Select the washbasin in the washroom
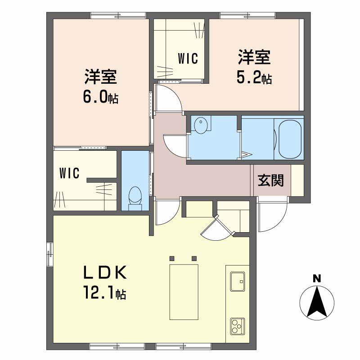pyautogui.click(x=201, y=126)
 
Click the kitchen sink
pyautogui.click(x=238, y=281)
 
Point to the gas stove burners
pyautogui.click(x=238, y=327)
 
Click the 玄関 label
pyautogui.click(x=271, y=180)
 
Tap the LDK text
pyautogui.click(x=105, y=272)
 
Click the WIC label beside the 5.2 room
pyautogui.click(x=188, y=58)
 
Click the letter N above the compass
pyautogui.click(x=317, y=279)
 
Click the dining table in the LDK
pyautogui.click(x=184, y=292)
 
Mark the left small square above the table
pyautogui.click(x=172, y=258)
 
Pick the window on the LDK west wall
pyautogui.click(x=50, y=254)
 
